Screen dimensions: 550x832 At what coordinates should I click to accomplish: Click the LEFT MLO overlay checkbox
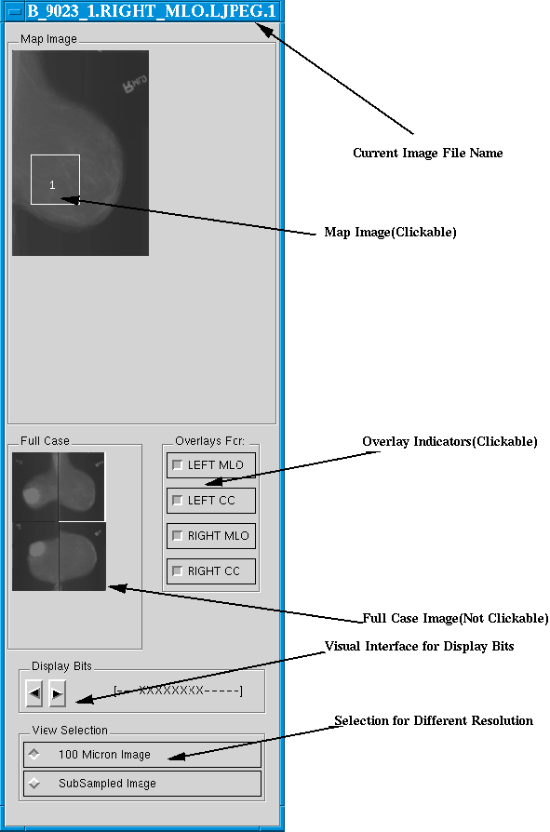click(178, 464)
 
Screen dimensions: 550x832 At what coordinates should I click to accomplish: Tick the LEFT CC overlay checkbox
click(178, 501)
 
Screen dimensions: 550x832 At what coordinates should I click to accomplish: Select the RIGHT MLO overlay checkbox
click(178, 536)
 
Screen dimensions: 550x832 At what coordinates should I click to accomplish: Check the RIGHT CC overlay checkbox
click(178, 570)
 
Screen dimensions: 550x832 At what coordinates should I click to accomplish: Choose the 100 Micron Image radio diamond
click(34, 754)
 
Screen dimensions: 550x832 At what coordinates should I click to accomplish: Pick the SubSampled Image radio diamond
click(34, 783)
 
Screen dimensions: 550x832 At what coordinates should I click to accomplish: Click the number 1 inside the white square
click(52, 184)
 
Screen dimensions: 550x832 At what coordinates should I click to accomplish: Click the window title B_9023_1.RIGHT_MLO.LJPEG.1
click(152, 11)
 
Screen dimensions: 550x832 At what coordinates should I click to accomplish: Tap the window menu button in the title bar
click(14, 11)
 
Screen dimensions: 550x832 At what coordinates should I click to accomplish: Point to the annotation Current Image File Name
click(427, 153)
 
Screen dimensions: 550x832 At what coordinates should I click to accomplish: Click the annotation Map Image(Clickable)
click(390, 232)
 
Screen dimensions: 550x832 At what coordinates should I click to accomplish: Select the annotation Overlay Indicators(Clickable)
click(449, 441)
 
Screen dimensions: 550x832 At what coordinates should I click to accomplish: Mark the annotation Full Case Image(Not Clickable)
click(455, 618)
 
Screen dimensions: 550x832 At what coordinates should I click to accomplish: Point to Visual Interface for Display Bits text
click(419, 646)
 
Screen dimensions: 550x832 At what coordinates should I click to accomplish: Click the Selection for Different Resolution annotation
click(434, 720)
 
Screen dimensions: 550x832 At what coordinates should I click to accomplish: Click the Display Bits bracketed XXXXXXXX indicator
click(178, 691)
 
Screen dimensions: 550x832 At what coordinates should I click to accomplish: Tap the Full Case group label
click(45, 440)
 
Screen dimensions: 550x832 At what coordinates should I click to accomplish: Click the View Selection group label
click(70, 731)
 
